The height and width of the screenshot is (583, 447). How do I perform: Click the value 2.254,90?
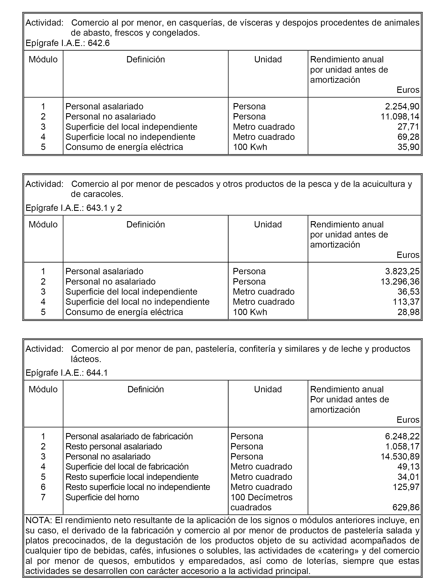402,106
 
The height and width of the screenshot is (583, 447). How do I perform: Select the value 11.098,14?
400,117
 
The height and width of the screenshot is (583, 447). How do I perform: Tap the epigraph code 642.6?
99,43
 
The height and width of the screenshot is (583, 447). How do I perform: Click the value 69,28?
409,137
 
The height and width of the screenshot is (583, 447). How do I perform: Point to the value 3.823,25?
402,271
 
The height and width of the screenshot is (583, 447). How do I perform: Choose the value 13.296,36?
400,281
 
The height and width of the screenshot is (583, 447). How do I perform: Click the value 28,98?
409,312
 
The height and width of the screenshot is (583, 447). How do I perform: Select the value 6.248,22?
402,436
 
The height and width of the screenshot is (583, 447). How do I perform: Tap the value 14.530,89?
400,457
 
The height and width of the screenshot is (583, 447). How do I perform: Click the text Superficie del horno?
102,497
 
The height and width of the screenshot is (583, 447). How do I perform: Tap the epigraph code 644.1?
97,373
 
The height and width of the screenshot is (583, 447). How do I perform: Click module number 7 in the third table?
43,497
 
